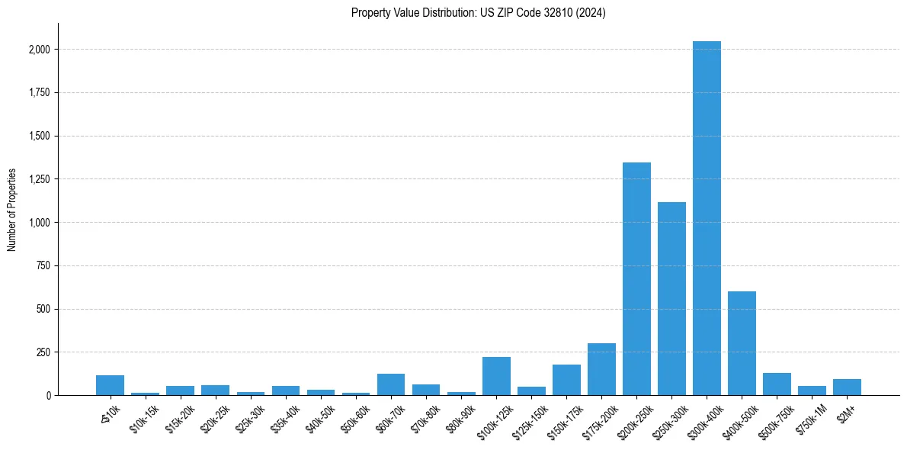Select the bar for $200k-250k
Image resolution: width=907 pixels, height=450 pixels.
[636, 279]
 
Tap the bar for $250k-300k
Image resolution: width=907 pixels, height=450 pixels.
[671, 299]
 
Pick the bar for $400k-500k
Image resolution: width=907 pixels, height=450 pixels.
[742, 343]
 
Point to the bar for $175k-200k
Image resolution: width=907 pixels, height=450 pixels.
[601, 369]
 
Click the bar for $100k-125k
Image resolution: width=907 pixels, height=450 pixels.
[496, 376]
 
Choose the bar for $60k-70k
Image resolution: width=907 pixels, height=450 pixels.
[391, 384]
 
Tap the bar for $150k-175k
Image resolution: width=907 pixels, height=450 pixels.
[566, 380]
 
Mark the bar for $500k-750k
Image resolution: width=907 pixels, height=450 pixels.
[777, 384]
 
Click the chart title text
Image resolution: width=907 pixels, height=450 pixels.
[478, 13]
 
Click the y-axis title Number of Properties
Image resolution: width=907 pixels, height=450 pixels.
[12, 210]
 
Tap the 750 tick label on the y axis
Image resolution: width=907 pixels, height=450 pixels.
[43, 266]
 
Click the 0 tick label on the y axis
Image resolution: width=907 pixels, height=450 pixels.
[49, 396]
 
